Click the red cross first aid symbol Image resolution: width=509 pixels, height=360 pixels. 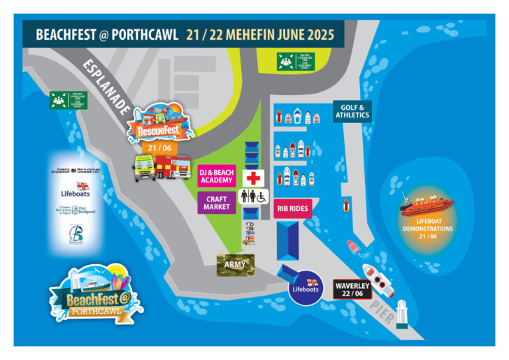252,175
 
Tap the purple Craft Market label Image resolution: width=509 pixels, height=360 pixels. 217,203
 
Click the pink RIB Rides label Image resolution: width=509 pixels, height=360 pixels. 292,208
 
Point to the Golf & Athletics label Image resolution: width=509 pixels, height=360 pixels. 352,110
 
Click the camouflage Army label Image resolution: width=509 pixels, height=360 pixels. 235,264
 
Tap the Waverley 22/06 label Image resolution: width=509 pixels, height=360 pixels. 352,289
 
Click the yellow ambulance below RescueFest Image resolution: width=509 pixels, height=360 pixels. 145,168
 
